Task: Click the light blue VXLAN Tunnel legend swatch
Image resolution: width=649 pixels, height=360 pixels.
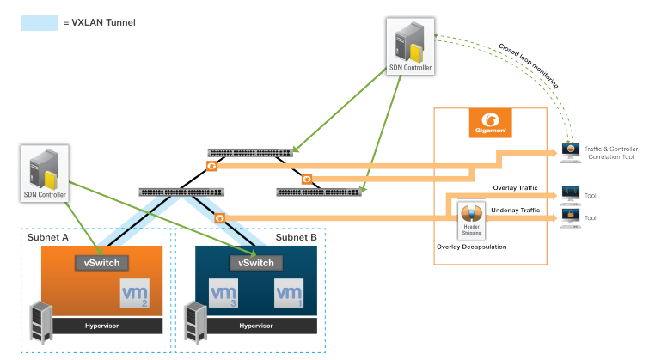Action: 39,22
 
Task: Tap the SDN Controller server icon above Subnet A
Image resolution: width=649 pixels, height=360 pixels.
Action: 42,172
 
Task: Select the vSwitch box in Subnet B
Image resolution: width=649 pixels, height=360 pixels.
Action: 256,263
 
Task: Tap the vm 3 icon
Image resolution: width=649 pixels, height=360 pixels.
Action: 222,296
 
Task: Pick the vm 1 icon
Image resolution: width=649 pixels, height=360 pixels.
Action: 289,295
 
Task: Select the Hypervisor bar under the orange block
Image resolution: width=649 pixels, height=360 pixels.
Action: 101,326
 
